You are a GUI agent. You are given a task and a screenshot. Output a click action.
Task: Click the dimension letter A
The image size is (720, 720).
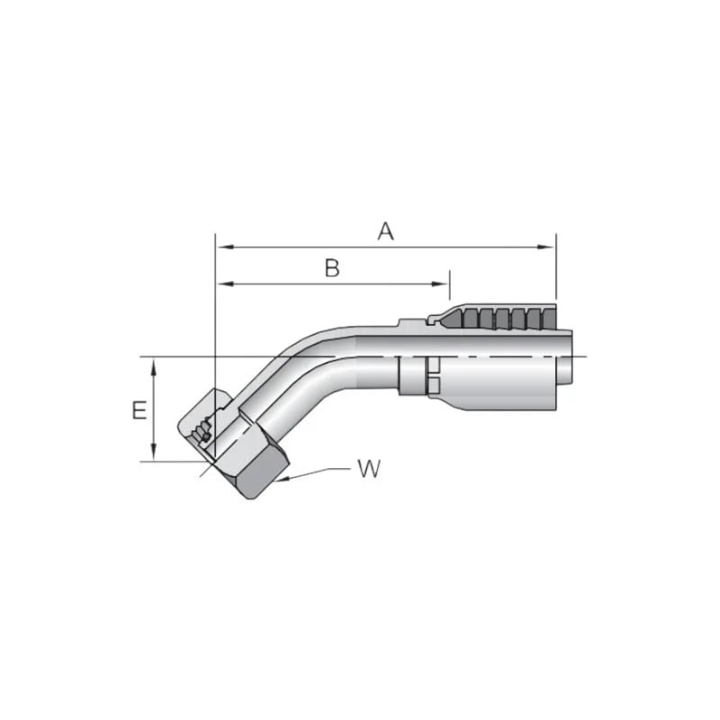pos(385,231)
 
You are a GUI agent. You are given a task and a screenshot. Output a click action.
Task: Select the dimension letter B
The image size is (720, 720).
pos(332,268)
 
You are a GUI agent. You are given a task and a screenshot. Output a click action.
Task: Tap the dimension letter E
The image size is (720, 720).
pos(139,411)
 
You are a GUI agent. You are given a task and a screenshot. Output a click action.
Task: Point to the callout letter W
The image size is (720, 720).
pos(367,469)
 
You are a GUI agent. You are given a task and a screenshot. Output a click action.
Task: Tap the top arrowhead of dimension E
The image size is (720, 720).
pos(156,364)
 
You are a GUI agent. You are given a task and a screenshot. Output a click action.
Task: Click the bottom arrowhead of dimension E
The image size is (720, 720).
pos(156,455)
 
